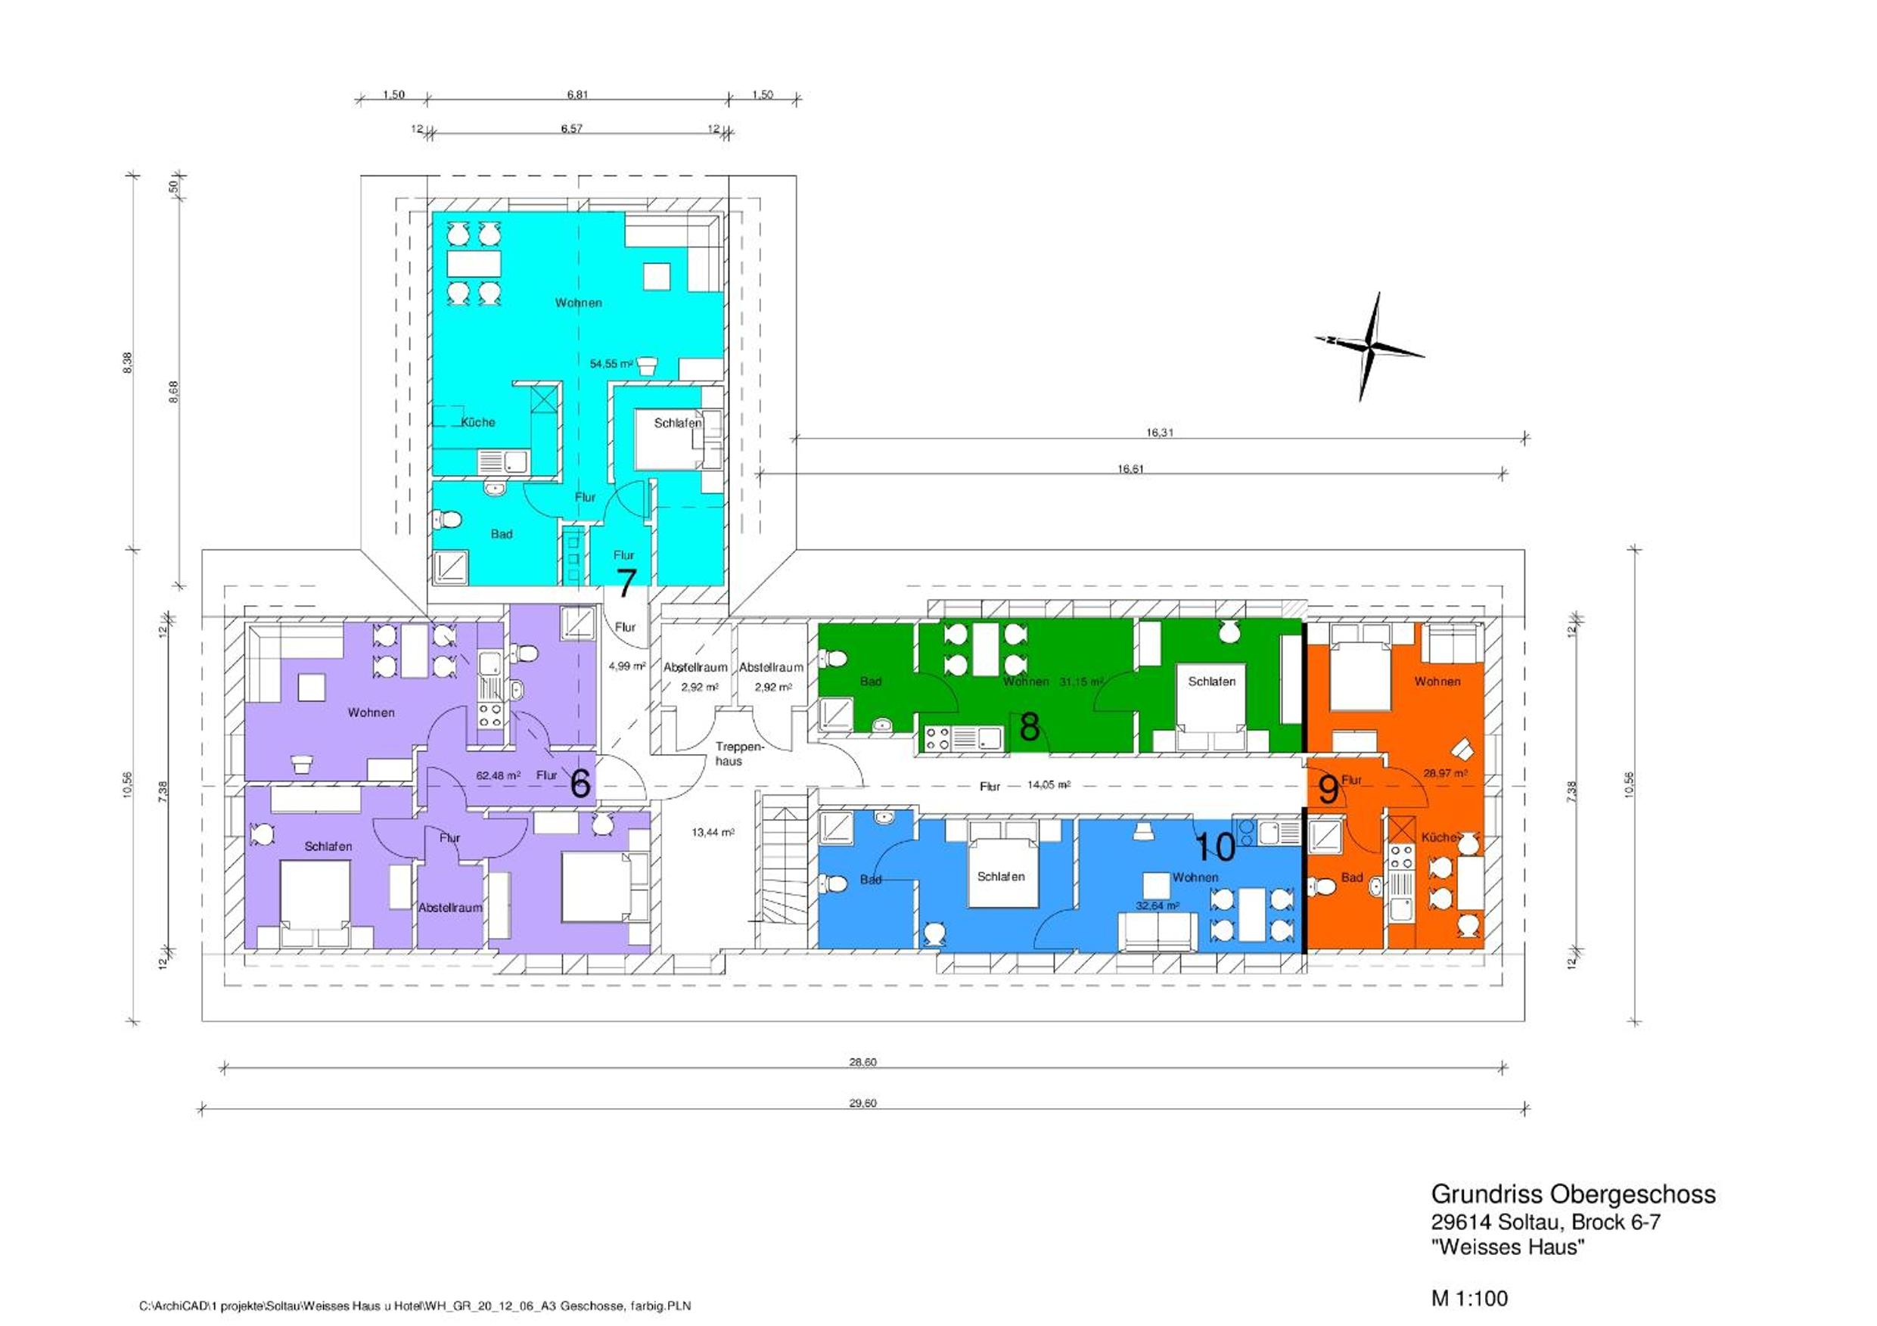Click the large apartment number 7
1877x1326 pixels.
[626, 583]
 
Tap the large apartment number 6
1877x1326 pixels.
[580, 783]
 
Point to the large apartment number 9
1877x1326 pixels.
[1329, 790]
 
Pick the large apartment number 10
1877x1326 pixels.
[1215, 846]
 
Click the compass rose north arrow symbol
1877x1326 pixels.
[1369, 346]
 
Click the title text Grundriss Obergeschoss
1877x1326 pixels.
[1573, 1194]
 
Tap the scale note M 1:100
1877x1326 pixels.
[1470, 1298]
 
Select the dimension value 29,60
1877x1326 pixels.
[862, 1103]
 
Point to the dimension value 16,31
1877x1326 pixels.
[1159, 433]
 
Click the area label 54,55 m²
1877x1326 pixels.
[611, 364]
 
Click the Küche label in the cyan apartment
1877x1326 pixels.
[478, 423]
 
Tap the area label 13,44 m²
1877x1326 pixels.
[713, 832]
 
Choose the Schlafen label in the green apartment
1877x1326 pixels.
[1211, 681]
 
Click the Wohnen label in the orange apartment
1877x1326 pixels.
[1437, 681]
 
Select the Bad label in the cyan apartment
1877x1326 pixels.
[502, 534]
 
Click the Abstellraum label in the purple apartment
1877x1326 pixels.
[450, 908]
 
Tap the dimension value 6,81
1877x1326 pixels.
[577, 95]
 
